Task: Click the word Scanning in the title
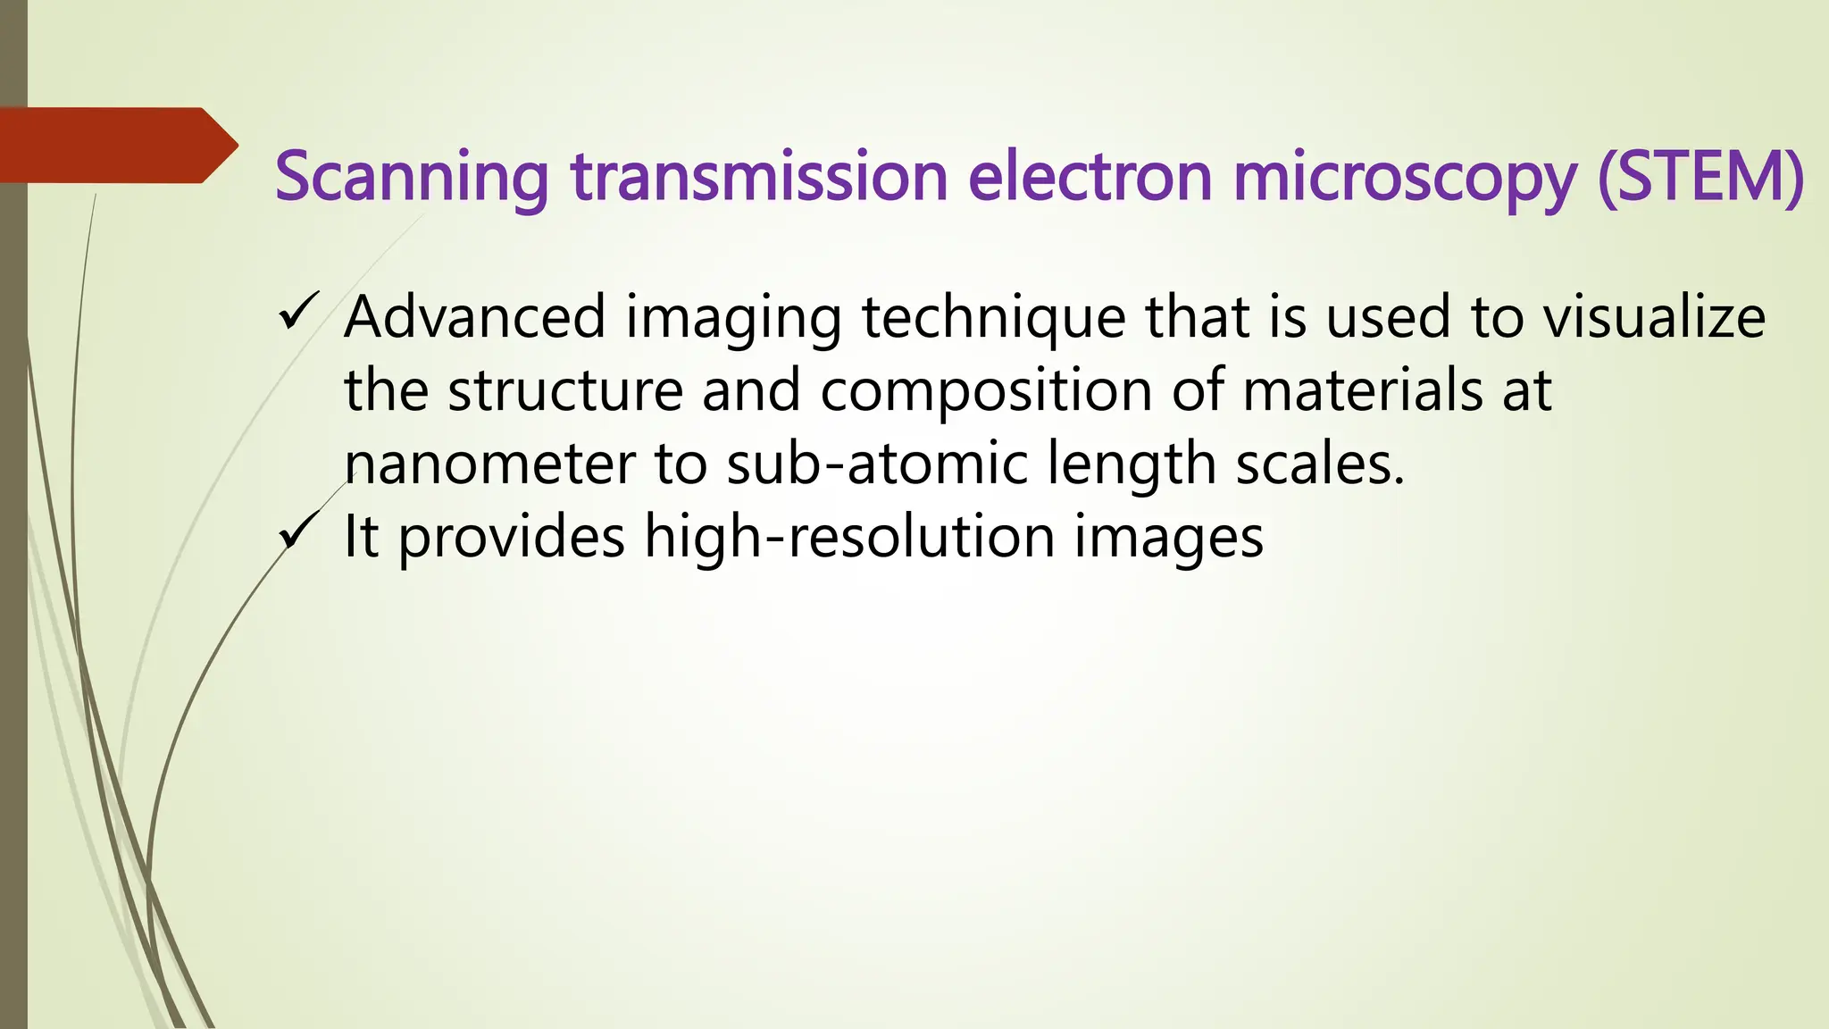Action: pyautogui.click(x=412, y=177)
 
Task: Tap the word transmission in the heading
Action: pyautogui.click(x=759, y=177)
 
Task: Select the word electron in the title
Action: pyautogui.click(x=1090, y=177)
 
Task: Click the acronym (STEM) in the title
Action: pyautogui.click(x=1700, y=177)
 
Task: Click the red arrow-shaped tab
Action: pyautogui.click(x=116, y=145)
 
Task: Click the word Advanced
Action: pyautogui.click(x=475, y=317)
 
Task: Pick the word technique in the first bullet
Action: pyautogui.click(x=994, y=317)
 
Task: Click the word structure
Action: pyautogui.click(x=565, y=390)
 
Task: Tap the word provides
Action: pyautogui.click(x=511, y=538)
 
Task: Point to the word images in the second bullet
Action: pyautogui.click(x=1168, y=539)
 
